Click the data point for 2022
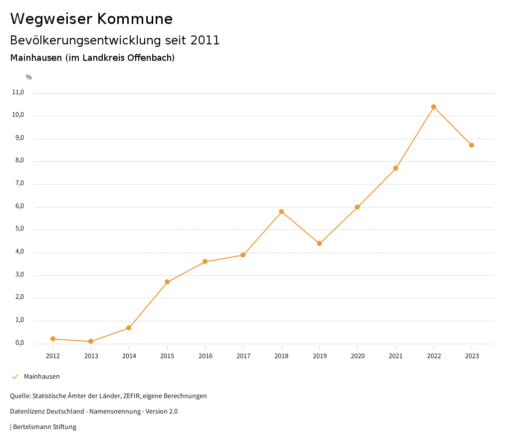tap(434, 107)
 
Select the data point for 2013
tap(91, 341)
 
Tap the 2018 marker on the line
tap(281, 212)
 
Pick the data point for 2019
tap(319, 243)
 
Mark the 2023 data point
tap(472, 145)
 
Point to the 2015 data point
tap(167, 282)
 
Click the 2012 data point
tap(53, 339)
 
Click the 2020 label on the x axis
tap(357, 356)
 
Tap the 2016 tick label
tap(205, 356)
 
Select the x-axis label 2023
tap(472, 356)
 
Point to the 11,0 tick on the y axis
tap(18, 92)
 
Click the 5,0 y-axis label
tap(18, 229)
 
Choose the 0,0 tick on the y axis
tap(18, 343)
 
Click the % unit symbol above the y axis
tap(29, 77)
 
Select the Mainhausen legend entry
tap(41, 377)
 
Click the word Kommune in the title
tap(135, 19)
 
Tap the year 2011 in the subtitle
tap(205, 40)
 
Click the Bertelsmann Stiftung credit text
tap(44, 427)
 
